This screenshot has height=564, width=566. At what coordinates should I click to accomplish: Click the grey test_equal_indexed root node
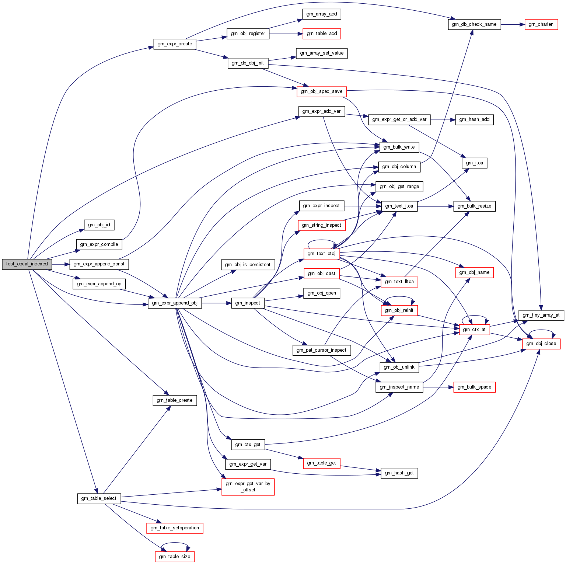[27, 264]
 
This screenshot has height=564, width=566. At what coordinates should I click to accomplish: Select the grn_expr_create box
[175, 44]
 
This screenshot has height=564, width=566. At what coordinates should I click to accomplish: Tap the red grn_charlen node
[541, 24]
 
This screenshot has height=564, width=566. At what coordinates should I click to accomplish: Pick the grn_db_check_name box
[474, 24]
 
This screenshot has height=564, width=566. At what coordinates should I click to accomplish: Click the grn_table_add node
[322, 34]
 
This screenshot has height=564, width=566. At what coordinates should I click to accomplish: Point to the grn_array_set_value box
[322, 53]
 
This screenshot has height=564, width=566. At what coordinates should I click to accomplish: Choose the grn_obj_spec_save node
[322, 91]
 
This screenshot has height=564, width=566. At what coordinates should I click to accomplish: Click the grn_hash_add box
[474, 119]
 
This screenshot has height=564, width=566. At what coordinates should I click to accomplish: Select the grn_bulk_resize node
[474, 206]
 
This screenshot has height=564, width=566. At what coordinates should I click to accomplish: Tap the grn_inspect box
[248, 303]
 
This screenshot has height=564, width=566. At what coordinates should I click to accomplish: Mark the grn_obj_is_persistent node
[248, 265]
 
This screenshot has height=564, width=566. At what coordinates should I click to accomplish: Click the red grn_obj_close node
[541, 344]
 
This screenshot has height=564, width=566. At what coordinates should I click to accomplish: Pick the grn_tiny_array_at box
[541, 315]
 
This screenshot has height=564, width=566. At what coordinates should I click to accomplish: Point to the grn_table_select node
[99, 498]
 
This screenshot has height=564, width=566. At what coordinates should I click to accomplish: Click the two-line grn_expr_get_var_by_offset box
[248, 487]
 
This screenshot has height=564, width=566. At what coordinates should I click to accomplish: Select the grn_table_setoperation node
[175, 528]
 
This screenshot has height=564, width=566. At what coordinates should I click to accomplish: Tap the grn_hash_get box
[399, 473]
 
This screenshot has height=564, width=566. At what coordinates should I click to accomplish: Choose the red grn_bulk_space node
[474, 387]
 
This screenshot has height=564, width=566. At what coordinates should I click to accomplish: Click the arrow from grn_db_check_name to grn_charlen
[513, 24]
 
